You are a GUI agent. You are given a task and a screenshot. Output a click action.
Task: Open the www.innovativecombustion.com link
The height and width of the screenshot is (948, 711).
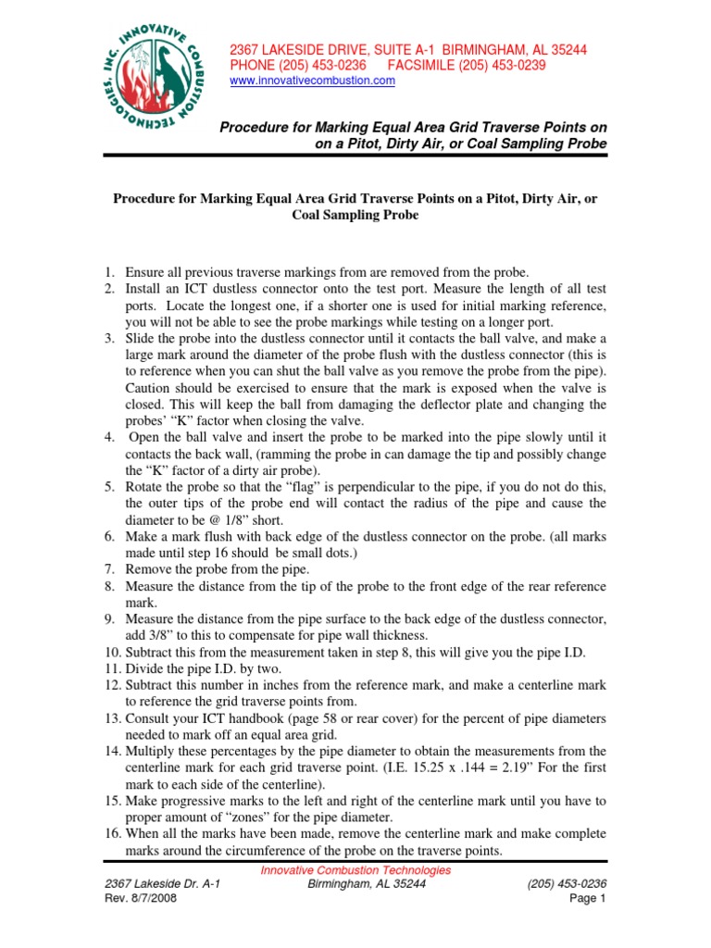click(x=312, y=81)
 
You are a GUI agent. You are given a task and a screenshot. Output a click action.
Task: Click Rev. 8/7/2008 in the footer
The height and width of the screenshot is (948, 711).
click(x=142, y=898)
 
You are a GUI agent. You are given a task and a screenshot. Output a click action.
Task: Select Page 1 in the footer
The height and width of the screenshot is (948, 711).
click(x=586, y=898)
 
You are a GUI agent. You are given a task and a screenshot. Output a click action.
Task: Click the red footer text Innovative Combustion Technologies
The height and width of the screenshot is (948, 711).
click(x=355, y=870)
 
